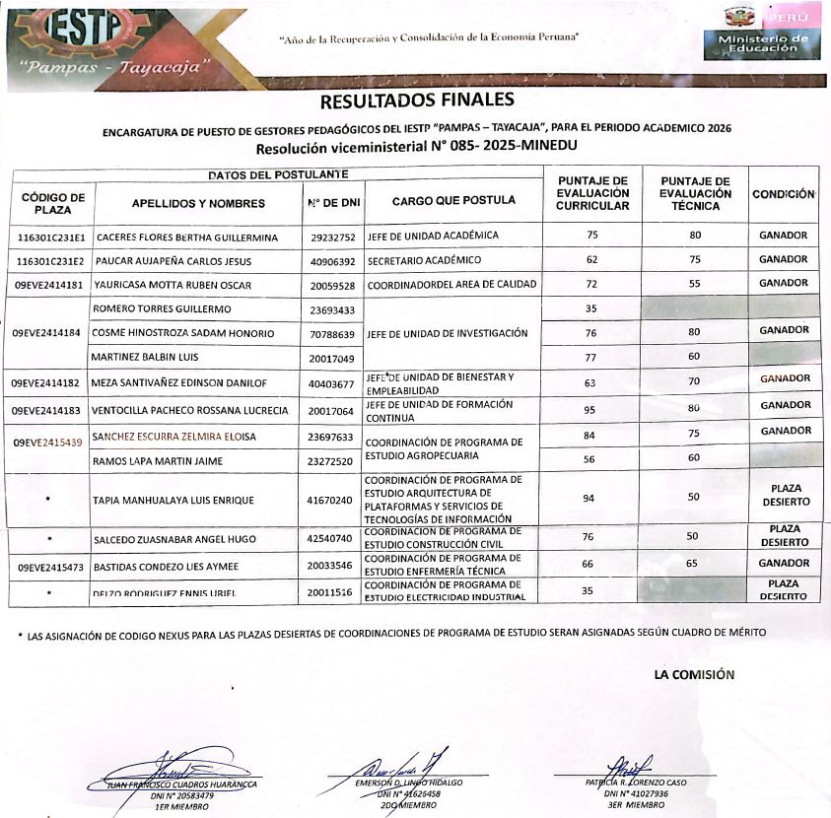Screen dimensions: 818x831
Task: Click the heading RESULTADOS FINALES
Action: (417, 101)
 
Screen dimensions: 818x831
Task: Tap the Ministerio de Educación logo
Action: (756, 38)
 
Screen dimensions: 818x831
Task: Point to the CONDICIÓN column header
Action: (784, 195)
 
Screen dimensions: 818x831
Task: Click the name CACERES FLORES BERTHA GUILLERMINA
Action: (186, 238)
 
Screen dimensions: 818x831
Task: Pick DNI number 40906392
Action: (332, 261)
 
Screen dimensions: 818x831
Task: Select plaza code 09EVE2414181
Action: (49, 285)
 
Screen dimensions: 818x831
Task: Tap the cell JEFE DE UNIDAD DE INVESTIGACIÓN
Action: (447, 333)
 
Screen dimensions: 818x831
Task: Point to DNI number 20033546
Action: (331, 567)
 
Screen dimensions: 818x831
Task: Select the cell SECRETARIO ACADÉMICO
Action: (424, 260)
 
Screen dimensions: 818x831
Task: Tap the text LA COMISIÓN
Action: (695, 675)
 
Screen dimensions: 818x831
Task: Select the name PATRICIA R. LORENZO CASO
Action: (637, 783)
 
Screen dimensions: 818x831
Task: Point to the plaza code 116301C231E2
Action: (51, 261)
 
